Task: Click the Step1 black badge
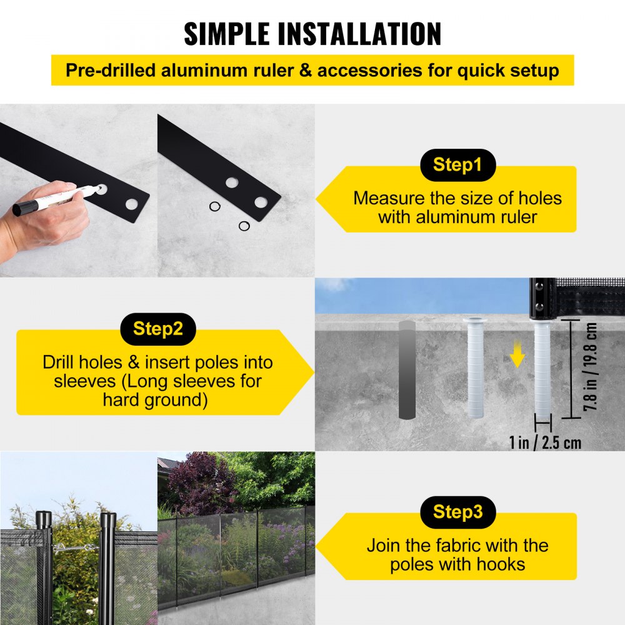[458, 165]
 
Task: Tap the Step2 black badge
[158, 329]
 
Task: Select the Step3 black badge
[458, 512]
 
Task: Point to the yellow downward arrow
[516, 357]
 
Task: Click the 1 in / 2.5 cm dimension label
[545, 442]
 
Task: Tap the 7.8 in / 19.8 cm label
[591, 370]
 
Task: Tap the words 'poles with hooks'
[457, 564]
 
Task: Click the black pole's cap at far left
[44, 518]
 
